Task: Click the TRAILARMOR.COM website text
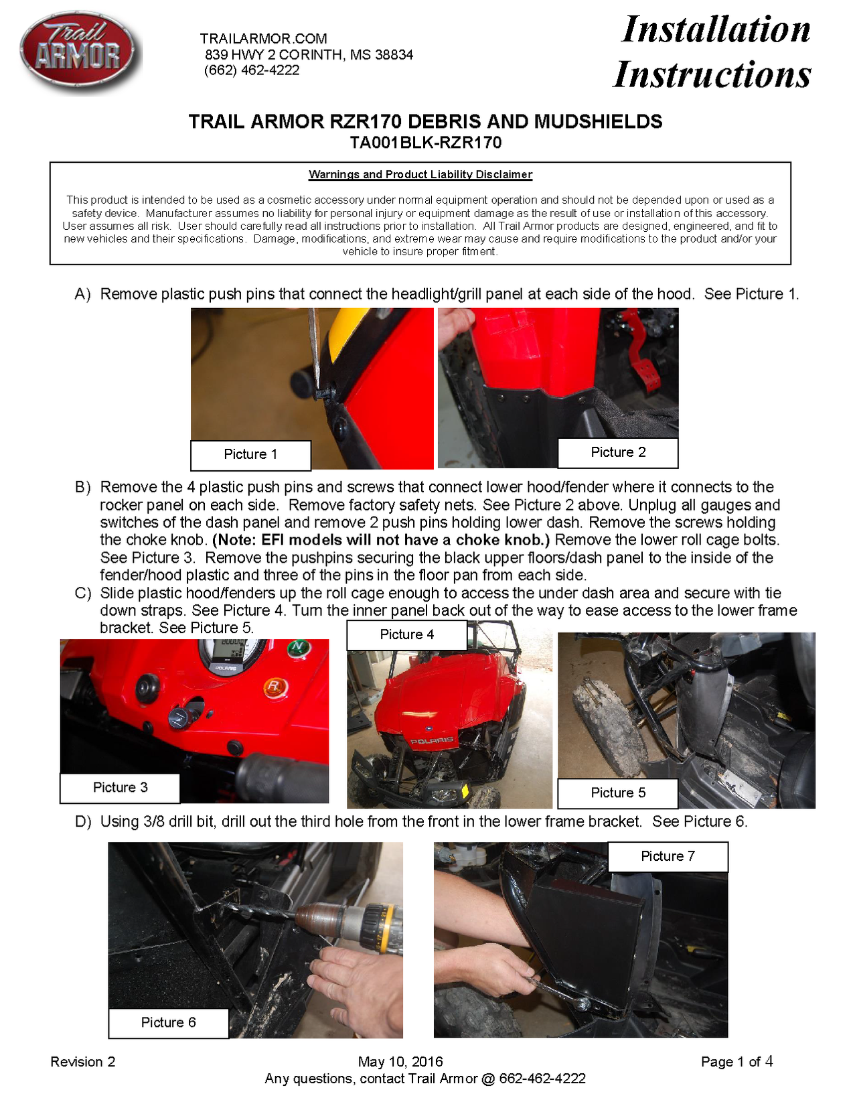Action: point(263,39)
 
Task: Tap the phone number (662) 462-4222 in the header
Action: point(252,70)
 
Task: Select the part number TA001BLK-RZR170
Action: point(425,143)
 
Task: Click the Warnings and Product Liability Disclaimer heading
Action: point(420,175)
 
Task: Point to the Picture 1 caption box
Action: point(250,455)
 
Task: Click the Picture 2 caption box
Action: point(617,453)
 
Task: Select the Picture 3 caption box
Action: point(120,788)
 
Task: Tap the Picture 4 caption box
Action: point(406,634)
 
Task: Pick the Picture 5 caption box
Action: point(617,793)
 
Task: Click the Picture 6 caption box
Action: point(168,1023)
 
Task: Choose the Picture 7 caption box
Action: point(667,857)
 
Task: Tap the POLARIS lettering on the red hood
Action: point(431,741)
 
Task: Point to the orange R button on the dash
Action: point(273,687)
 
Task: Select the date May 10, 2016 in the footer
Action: point(400,1062)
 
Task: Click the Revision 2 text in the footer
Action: point(83,1062)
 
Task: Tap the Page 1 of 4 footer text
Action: point(737,1062)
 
